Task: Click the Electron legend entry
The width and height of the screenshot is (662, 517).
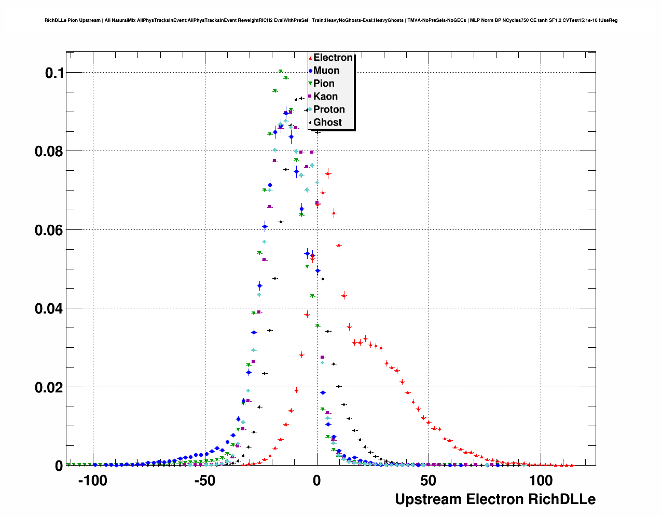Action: tap(333, 58)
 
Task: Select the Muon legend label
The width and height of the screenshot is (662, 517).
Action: tap(326, 71)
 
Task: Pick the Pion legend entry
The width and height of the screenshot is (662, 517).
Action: tap(324, 84)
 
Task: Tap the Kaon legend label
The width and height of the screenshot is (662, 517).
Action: tap(325, 97)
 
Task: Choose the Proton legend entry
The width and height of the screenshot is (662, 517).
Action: tap(329, 110)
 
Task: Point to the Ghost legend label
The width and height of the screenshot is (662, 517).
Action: tap(327, 123)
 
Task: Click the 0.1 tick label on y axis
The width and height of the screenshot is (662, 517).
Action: tap(54, 73)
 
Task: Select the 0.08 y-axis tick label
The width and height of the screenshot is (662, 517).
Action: tap(49, 152)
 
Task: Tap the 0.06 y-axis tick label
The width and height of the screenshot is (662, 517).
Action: tap(49, 230)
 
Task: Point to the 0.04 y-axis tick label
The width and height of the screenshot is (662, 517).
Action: tap(49, 309)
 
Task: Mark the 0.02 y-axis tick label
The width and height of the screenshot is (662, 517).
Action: tap(49, 388)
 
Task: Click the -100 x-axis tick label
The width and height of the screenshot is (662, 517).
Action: tap(92, 481)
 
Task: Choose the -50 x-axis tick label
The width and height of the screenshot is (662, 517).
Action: tap(204, 481)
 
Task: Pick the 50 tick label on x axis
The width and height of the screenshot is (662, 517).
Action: tap(429, 481)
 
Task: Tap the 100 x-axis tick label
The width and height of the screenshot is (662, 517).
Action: tap(541, 481)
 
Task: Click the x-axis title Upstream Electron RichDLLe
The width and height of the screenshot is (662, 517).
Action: tap(495, 499)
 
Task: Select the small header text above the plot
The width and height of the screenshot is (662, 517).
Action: tap(331, 20)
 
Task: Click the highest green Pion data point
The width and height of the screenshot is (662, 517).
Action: tap(280, 71)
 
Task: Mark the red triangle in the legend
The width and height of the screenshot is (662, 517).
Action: tap(310, 58)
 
